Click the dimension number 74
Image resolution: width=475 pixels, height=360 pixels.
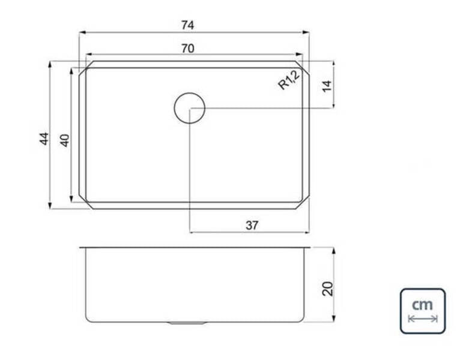[x=187, y=25]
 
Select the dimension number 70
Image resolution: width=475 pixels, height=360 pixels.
[x=188, y=49]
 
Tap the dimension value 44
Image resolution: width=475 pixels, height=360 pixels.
[x=44, y=139]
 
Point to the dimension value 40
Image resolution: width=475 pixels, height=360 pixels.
[x=65, y=140]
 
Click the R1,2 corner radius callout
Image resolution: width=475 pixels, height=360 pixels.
[x=289, y=79]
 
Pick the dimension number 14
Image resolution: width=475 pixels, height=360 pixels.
[x=327, y=86]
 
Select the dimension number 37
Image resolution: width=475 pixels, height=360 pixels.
[x=252, y=225]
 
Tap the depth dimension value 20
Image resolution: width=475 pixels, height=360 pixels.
[x=328, y=289]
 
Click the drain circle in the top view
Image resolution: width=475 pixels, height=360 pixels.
[x=190, y=93]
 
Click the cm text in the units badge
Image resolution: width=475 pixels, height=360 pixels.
[x=423, y=304]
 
